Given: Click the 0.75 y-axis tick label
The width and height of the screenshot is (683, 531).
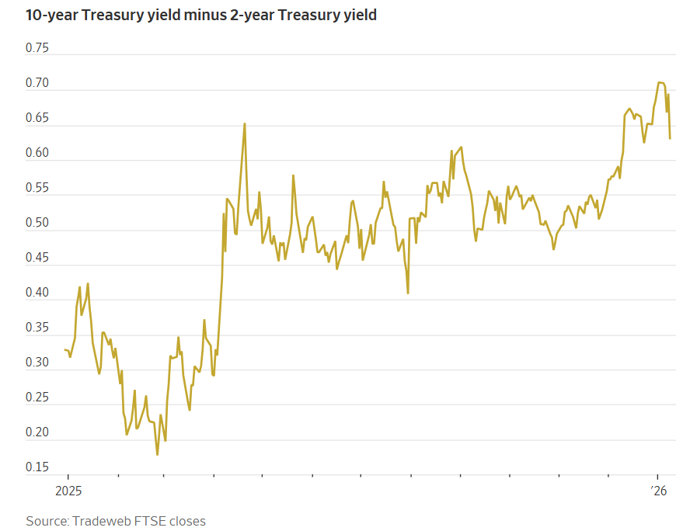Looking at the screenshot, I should click(37, 48).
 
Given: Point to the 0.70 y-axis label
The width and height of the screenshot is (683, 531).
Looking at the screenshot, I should click(37, 83).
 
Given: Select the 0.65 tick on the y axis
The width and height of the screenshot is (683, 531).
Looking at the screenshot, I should click(37, 118).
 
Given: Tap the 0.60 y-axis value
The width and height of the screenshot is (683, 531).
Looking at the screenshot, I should click(37, 153).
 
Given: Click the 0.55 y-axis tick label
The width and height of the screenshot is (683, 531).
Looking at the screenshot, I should click(37, 188).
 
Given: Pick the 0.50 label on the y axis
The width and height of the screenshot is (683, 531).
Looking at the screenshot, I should click(37, 224).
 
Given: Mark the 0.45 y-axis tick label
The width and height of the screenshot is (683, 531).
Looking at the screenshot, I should click(37, 259).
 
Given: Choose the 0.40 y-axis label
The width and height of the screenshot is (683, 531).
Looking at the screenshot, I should click(37, 293).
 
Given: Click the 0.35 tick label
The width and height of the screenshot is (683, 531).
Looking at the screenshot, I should click(37, 328).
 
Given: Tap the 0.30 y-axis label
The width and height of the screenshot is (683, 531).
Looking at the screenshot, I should click(37, 363).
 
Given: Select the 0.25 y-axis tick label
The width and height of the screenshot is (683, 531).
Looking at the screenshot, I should click(37, 398).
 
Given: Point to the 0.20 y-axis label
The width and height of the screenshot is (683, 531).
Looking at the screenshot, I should click(37, 433).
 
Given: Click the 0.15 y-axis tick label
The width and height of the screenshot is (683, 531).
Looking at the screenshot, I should click(37, 468).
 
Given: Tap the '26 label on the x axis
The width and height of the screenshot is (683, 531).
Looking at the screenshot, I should click(658, 491).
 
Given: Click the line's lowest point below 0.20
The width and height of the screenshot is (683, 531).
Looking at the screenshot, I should click(157, 454).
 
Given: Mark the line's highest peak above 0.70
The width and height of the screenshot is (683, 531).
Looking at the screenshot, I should click(660, 82).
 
